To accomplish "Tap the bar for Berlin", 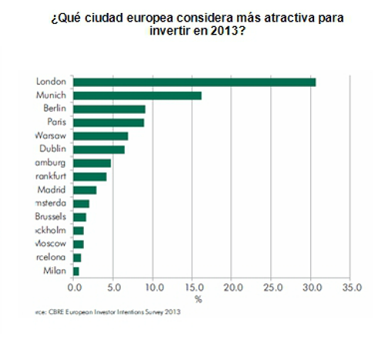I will tap(109, 108).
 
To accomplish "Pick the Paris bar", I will tap(109, 122).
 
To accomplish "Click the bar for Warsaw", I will tap(100, 135).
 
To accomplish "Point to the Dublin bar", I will tap(99, 149).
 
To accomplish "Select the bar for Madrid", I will tap(85, 189).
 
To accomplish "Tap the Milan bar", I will tap(75, 271).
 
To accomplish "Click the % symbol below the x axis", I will tap(198, 299).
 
